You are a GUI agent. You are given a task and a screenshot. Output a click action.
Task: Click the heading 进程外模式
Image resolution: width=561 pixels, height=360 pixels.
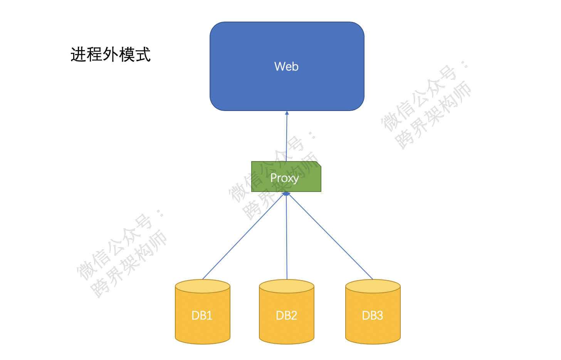tap(111, 54)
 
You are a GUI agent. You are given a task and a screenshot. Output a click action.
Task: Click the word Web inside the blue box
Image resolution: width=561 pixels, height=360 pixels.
tap(286, 66)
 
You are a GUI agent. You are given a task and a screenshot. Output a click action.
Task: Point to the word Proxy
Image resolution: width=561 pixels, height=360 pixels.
tap(284, 178)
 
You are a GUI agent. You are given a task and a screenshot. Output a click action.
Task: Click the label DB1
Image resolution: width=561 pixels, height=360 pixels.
tap(202, 315)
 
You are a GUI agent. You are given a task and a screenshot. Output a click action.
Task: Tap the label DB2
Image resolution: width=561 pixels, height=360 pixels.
tap(287, 315)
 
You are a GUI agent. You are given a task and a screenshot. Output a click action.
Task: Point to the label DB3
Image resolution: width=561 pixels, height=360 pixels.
tap(373, 315)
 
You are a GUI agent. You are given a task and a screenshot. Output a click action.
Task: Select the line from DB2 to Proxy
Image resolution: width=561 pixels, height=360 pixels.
tap(287, 239)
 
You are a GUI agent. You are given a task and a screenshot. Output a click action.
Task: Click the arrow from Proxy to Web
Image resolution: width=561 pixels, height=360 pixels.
tap(286, 139)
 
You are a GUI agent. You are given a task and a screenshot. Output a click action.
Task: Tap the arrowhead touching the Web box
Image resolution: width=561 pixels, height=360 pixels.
tap(287, 113)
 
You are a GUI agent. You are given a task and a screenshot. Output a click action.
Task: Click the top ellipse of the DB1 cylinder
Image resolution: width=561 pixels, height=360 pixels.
tap(203, 286)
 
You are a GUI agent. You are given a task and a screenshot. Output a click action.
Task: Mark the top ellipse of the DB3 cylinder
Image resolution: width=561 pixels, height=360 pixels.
tap(373, 286)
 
